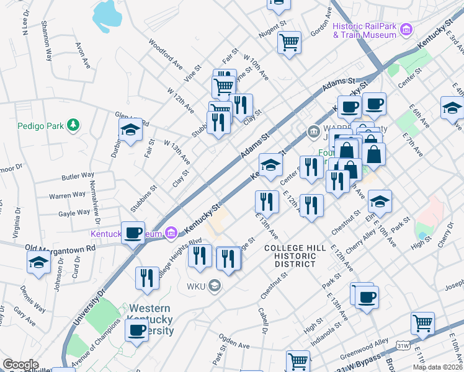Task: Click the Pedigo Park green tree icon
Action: point(74,126)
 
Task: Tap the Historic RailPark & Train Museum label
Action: point(364,30)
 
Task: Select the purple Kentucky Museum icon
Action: point(172,234)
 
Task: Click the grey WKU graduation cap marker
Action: point(215,286)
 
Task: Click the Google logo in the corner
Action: point(20,365)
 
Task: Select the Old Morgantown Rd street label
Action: point(60,248)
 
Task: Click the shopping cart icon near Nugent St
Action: point(289,43)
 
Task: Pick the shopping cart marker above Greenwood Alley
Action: point(422,322)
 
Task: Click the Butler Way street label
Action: point(78,177)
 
